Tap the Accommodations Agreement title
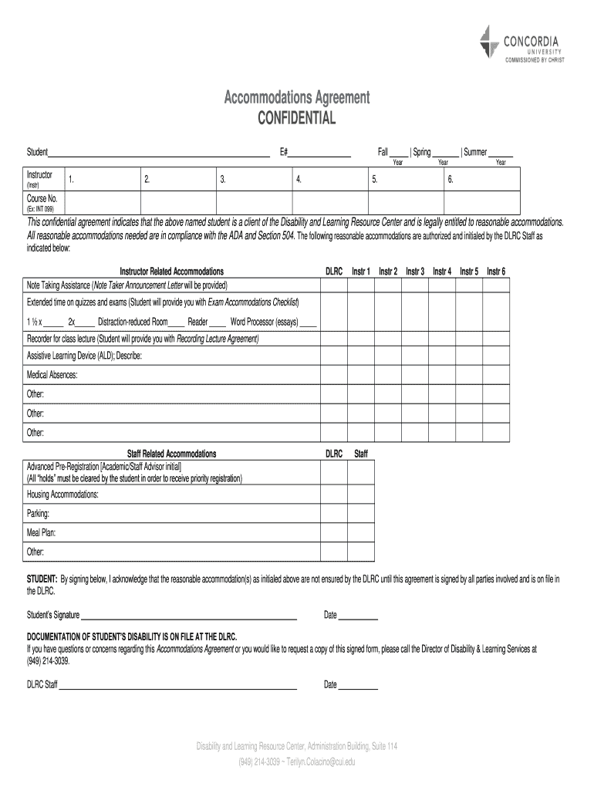coord(296,98)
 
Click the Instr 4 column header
coord(442,272)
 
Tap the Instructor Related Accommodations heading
coord(171,272)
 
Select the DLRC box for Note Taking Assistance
coord(333,285)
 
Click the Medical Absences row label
coord(52,375)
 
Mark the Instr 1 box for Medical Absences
coord(360,375)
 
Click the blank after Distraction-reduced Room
coord(177,322)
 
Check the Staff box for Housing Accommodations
coord(360,494)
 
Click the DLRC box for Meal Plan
coord(333,532)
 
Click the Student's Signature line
coord(189,615)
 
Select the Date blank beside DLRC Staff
coord(359,684)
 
